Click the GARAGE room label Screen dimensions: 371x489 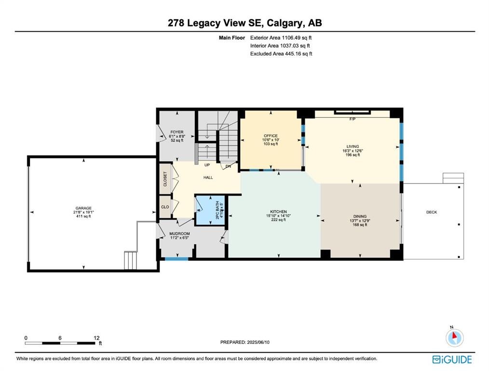[83, 208]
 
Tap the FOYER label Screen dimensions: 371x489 [177, 132]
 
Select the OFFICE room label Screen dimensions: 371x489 [271, 136]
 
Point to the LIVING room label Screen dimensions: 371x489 [352, 146]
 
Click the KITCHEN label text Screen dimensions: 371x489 [278, 212]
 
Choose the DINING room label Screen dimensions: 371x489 [360, 216]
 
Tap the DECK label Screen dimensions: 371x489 [431, 212]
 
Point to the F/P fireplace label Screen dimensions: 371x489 [352, 119]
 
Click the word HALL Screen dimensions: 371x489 [208, 177]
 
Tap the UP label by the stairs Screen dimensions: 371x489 [207, 165]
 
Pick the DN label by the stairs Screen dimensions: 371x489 [229, 166]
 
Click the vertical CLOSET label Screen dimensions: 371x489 [165, 179]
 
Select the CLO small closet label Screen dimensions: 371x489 [164, 207]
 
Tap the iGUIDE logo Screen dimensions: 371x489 [452, 359]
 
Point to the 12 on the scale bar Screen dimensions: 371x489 [96, 338]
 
